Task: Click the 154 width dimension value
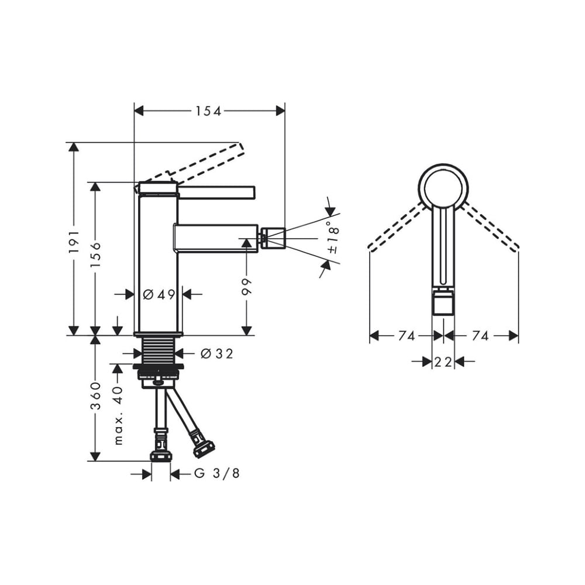pyautogui.click(x=209, y=111)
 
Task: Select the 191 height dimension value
pyautogui.click(x=74, y=242)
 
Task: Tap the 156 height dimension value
pyautogui.click(x=96, y=254)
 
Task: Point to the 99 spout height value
pyautogui.click(x=247, y=286)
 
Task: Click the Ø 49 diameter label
pyautogui.click(x=159, y=294)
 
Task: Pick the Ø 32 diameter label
pyautogui.click(x=217, y=353)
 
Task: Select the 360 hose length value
pyautogui.click(x=96, y=396)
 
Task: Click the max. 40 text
pyautogui.click(x=118, y=415)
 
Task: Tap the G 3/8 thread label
pyautogui.click(x=217, y=473)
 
